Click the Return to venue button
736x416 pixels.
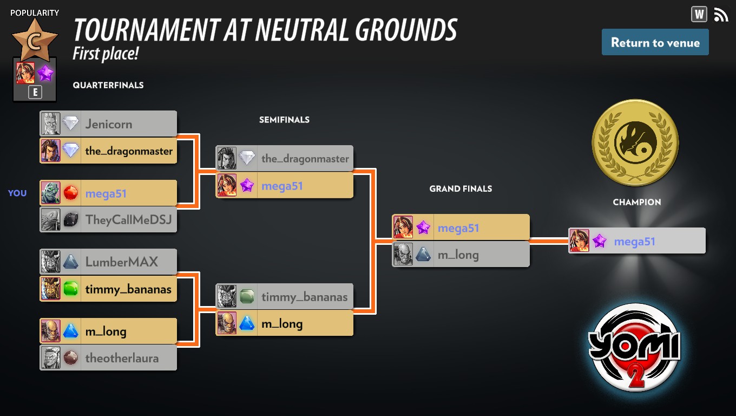[655, 42]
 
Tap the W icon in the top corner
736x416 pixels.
[699, 14]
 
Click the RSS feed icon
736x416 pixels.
[720, 15]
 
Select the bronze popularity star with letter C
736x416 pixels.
[35, 40]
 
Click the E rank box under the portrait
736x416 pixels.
[35, 93]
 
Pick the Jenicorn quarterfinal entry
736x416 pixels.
[108, 123]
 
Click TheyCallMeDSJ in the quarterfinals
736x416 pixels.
[108, 219]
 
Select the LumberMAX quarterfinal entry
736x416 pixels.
[108, 262]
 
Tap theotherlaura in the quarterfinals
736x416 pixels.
[108, 357]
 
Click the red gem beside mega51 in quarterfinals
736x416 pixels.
[71, 193]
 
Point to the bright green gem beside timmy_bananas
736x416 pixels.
[71, 289]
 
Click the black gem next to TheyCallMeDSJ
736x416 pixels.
[71, 219]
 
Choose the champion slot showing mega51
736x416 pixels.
[637, 240]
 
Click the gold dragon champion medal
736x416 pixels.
[635, 142]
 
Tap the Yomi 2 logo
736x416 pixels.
[634, 347]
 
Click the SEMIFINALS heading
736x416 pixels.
[284, 120]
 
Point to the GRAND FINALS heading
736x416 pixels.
[461, 188]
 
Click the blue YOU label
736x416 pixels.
[17, 193]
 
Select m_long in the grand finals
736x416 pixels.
[461, 254]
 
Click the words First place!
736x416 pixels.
[106, 54]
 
